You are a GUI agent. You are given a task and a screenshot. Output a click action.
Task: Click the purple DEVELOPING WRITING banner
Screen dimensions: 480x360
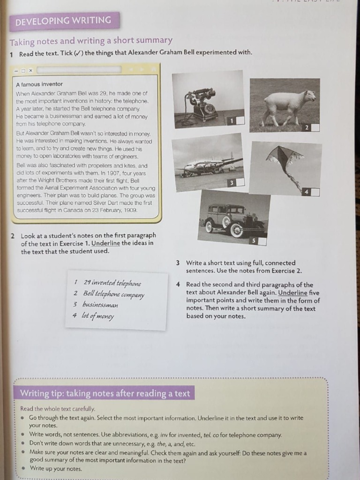click(63, 21)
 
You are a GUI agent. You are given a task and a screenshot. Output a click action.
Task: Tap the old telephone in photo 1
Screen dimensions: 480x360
click(202, 105)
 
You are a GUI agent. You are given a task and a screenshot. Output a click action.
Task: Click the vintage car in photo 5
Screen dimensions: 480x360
click(232, 219)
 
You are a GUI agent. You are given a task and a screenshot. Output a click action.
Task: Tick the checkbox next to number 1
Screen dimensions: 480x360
click(240, 120)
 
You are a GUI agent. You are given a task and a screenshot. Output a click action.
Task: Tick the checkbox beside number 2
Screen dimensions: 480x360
click(315, 127)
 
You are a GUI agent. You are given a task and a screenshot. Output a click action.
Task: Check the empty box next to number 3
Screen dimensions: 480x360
click(240, 183)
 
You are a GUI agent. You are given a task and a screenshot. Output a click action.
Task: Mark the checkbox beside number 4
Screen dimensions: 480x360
click(315, 192)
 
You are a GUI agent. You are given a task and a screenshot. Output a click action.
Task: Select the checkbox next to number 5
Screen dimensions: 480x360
click(262, 241)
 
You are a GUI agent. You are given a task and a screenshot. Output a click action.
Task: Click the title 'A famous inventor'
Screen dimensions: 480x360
click(39, 84)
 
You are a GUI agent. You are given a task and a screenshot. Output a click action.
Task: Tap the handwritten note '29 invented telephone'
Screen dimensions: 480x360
click(112, 283)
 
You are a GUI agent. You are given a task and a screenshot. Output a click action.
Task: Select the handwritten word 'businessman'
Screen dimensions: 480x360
click(100, 305)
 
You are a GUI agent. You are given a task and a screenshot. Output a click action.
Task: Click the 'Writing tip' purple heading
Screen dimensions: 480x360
click(105, 393)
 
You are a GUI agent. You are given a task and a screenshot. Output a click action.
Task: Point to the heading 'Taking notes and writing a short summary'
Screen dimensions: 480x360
click(91, 41)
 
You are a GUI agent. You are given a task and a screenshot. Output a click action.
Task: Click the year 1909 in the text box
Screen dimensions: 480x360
click(131, 210)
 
